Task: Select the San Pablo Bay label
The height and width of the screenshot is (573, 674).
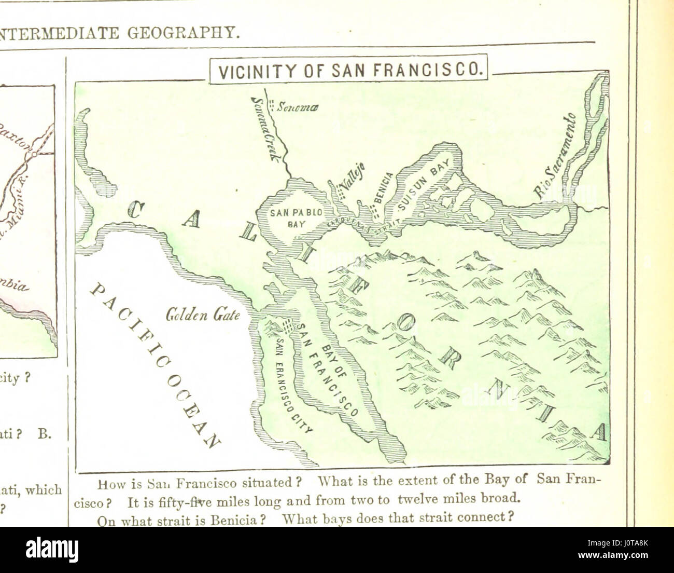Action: tap(296, 216)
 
